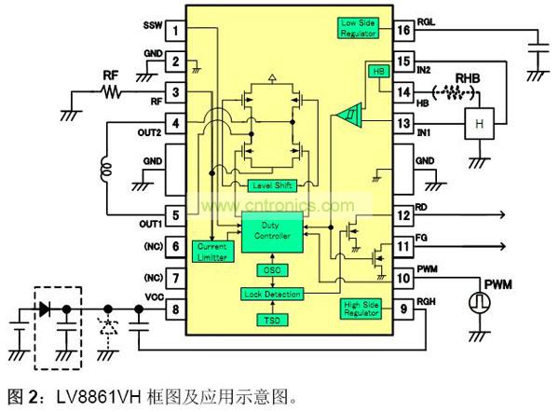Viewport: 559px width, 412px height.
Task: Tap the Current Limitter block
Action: coord(212,251)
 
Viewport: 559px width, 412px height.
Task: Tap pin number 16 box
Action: coord(402,32)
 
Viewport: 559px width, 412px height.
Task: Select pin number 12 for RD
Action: coord(402,216)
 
